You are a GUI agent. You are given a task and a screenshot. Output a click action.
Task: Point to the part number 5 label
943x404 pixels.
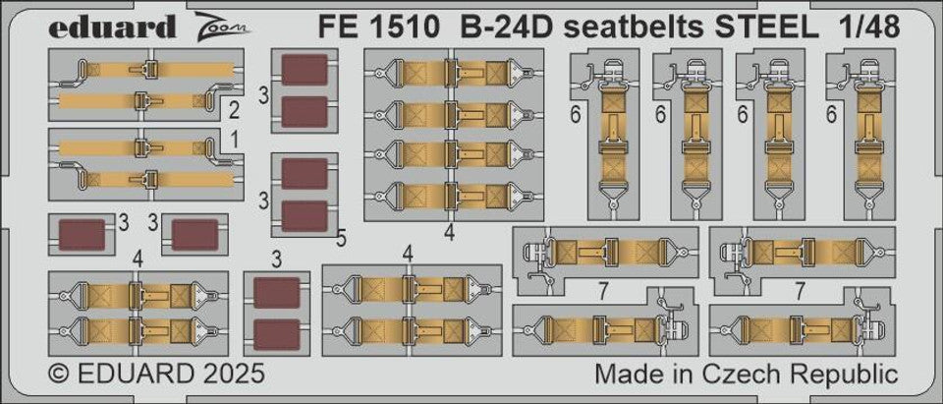pyautogui.click(x=341, y=237)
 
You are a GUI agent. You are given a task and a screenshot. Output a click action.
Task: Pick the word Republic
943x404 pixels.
pyautogui.click(x=851, y=375)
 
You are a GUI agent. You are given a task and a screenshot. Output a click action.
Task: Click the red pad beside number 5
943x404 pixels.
pyautogui.click(x=304, y=216)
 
